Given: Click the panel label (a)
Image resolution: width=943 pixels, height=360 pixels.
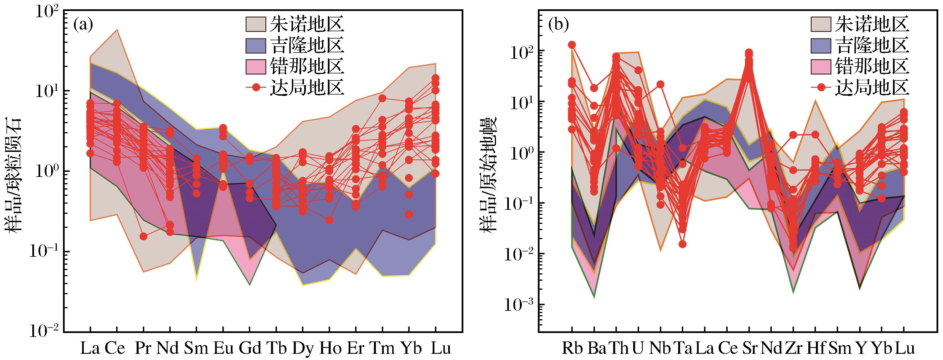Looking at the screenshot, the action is [84, 25].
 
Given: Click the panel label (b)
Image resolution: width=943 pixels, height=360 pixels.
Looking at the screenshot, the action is [558, 25].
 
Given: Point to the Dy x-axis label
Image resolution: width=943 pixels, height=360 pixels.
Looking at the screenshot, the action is [303, 349].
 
